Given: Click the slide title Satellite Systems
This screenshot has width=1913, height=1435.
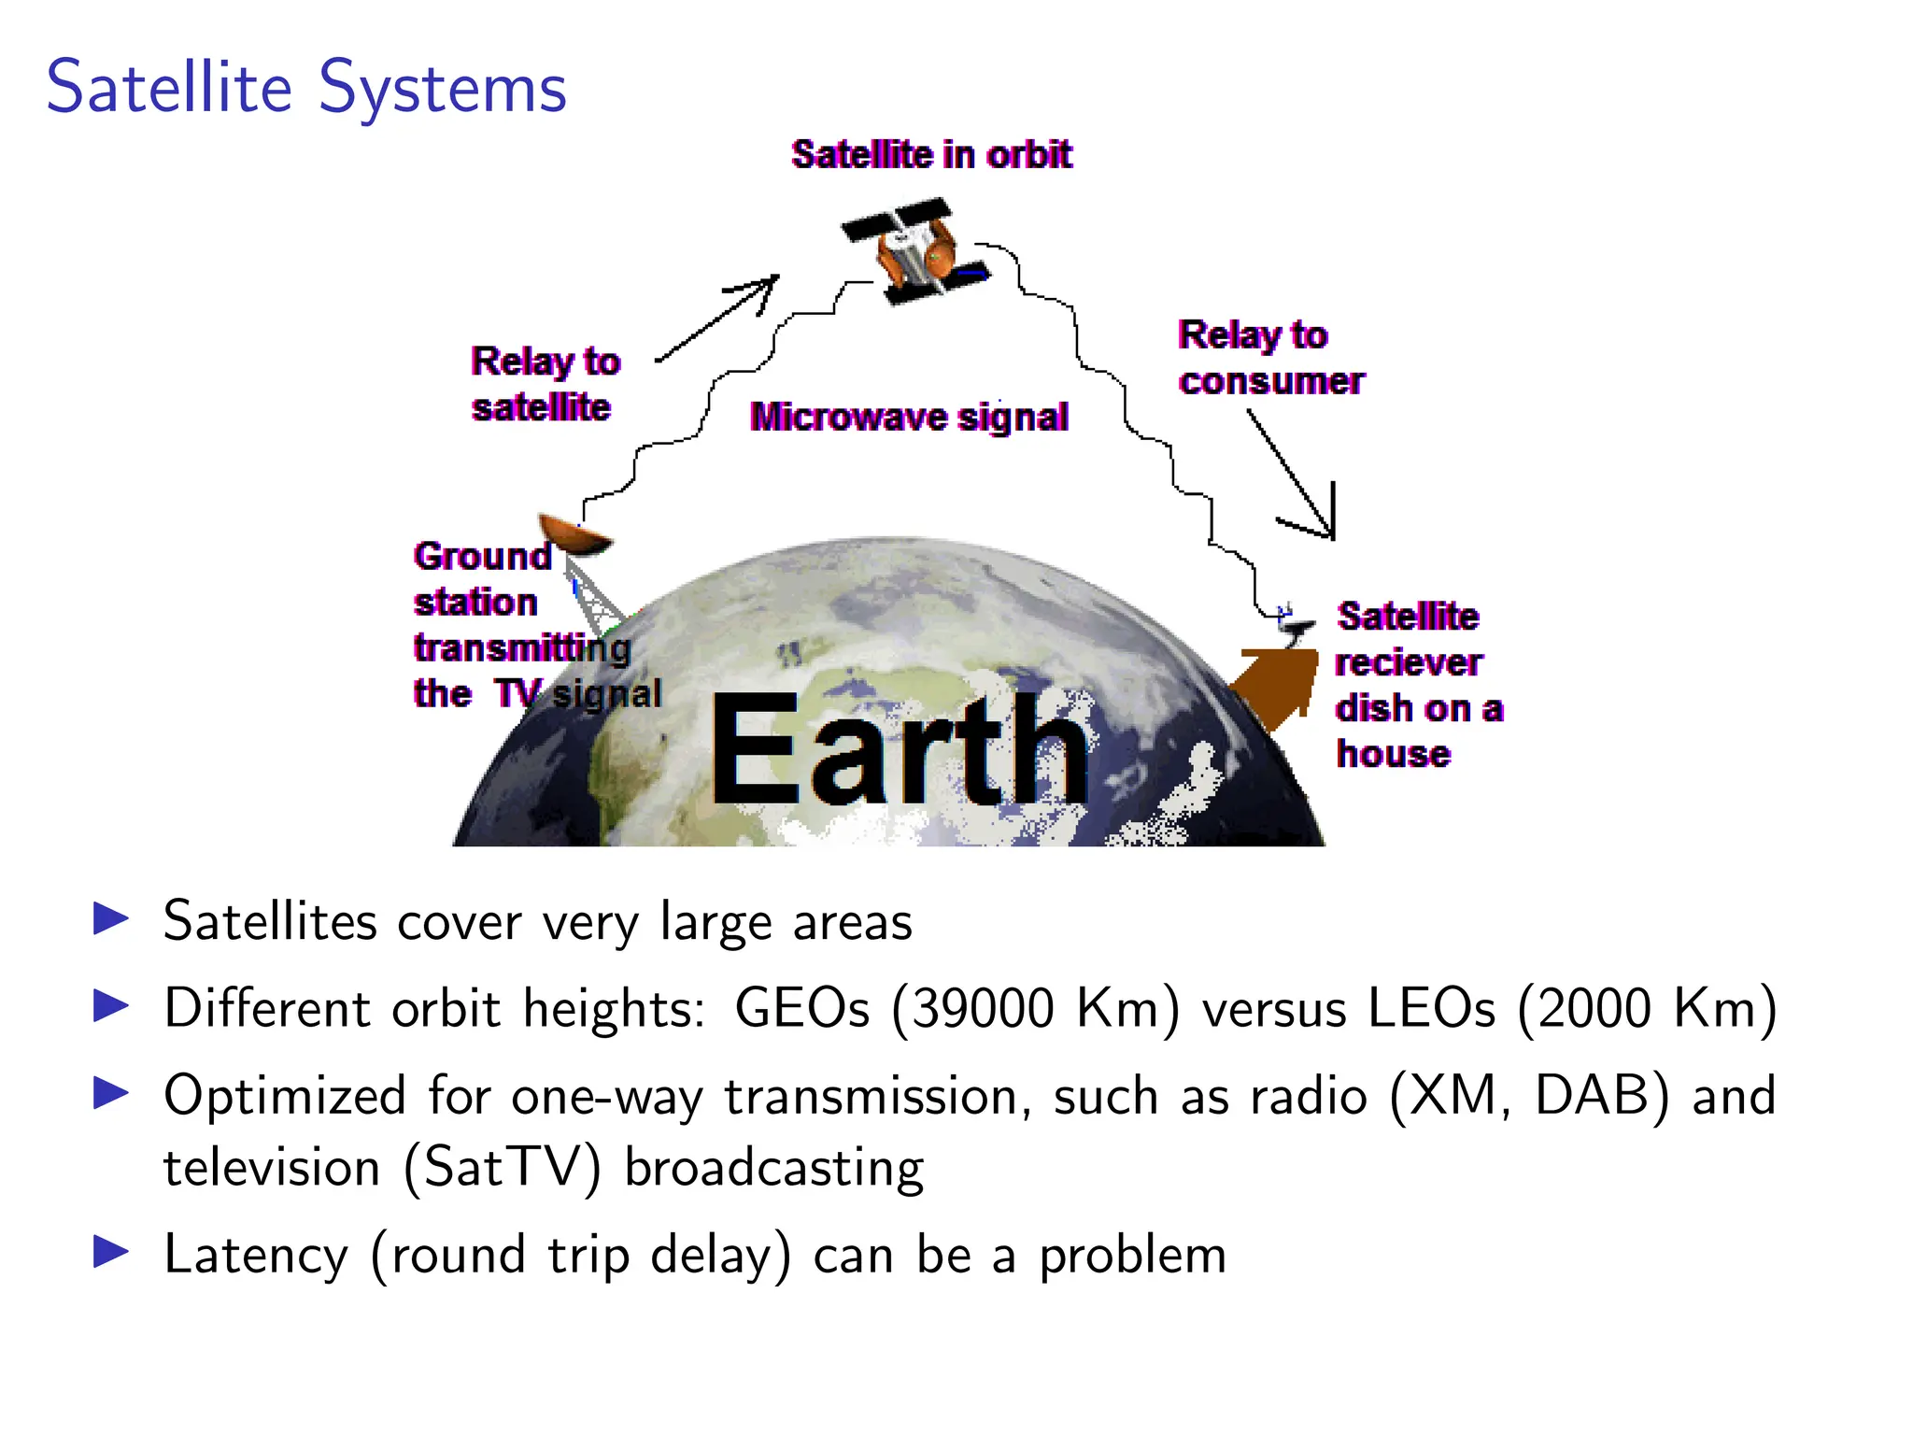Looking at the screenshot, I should pyautogui.click(x=306, y=87).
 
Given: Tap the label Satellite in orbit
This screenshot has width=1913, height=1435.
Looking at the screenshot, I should pyautogui.click(x=931, y=154).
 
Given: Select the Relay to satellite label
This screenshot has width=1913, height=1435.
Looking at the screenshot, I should pyautogui.click(x=545, y=384).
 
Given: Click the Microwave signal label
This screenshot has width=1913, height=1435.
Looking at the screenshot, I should pyautogui.click(x=909, y=417).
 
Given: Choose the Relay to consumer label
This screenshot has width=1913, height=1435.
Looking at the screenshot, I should pyautogui.click(x=1270, y=358).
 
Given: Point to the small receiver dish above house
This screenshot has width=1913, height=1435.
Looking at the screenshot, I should pyautogui.click(x=1295, y=624).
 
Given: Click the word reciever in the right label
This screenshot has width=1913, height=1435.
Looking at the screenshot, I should pyautogui.click(x=1408, y=662).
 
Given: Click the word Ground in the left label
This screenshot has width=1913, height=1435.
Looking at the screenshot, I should pyautogui.click(x=483, y=556).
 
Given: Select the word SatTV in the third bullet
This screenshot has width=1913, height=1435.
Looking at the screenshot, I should pyautogui.click(x=503, y=1168).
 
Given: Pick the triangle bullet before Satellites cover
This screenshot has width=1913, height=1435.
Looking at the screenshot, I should pyautogui.click(x=111, y=919).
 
